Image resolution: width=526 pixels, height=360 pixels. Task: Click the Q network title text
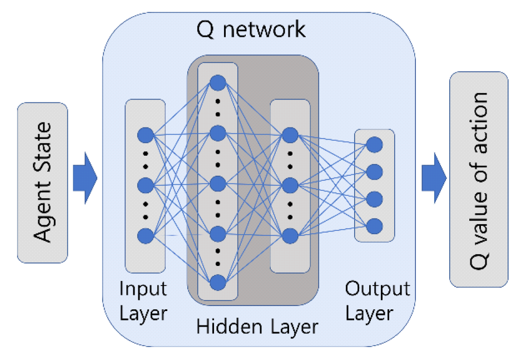pos(251,29)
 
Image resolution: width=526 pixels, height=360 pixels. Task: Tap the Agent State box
pos(43,182)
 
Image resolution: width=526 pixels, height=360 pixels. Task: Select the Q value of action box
pos(478,179)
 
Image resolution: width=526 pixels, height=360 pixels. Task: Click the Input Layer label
pos(143,301)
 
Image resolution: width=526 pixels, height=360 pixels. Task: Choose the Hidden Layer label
pos(257,326)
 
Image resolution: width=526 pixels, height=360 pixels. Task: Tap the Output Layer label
pos(378,301)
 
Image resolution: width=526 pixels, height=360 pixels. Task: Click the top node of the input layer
pos(145,135)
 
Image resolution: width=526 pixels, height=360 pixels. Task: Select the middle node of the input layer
pos(145,184)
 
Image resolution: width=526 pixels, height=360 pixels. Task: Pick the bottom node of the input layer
pos(145,235)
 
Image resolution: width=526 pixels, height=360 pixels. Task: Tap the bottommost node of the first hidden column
pos(217,282)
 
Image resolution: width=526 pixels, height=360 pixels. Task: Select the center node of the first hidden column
pos(217,183)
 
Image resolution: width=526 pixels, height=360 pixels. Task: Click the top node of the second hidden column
pos(289,135)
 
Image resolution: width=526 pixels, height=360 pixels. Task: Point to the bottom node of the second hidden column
pos(289,235)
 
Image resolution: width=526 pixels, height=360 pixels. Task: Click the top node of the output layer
pos(375,145)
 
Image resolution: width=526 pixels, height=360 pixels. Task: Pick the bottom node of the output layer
pos(375,226)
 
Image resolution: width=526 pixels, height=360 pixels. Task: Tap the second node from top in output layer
pos(375,171)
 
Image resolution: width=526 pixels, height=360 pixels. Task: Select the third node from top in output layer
pos(375,199)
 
